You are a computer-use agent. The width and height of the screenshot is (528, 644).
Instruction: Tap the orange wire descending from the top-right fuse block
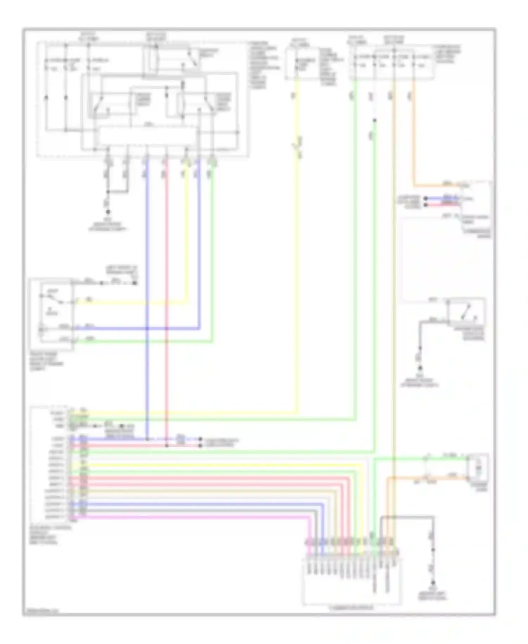click(414, 141)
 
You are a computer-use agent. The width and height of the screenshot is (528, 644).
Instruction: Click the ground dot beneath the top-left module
click(108, 212)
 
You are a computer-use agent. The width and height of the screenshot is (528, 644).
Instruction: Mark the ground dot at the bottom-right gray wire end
click(433, 583)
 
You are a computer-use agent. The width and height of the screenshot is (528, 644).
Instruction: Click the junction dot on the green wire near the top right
click(375, 120)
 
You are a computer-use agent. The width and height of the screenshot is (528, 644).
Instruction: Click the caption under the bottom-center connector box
click(351, 608)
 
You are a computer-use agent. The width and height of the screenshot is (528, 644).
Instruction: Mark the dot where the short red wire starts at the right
click(425, 205)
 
